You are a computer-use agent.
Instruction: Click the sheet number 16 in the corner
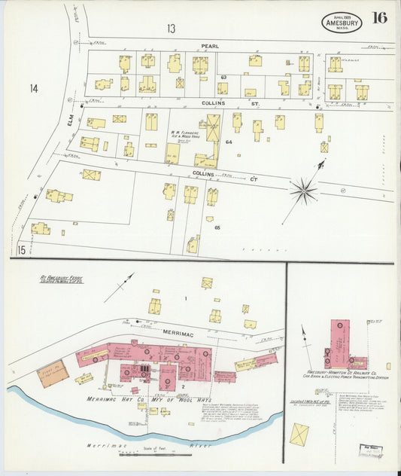[x=379, y=18]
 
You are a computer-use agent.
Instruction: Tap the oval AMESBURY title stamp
[x=342, y=22]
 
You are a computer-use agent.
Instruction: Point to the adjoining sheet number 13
[x=172, y=29]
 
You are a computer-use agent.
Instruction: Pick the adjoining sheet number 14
[x=34, y=89]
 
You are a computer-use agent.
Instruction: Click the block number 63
[x=223, y=78]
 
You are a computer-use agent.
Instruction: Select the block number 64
[x=229, y=141]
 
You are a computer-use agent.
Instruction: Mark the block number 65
[x=217, y=227]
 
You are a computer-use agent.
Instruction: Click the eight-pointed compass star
[x=304, y=191]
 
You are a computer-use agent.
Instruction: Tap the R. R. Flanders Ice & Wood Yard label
[x=184, y=135]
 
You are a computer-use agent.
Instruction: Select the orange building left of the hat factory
[x=52, y=374]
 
